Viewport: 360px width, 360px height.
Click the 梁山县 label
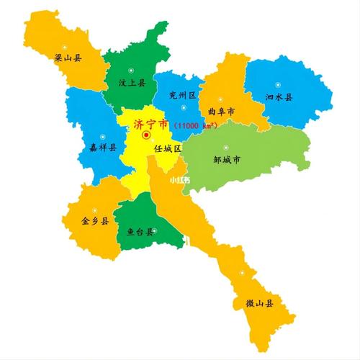point(68,57)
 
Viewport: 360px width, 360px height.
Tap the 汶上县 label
point(132,84)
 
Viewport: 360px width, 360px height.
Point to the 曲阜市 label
point(221,112)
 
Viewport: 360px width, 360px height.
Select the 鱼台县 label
point(140,232)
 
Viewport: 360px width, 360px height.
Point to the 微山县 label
point(260,304)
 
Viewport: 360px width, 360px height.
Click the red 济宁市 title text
point(150,124)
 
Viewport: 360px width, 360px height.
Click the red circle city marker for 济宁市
point(146,135)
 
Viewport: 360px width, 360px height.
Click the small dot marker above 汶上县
point(130,69)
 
